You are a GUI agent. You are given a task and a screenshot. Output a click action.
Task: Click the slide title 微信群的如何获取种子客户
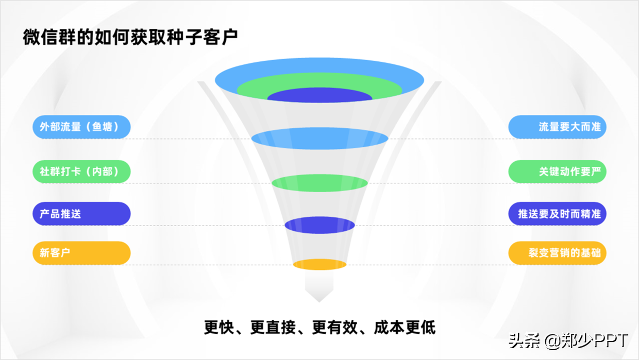tap(130, 38)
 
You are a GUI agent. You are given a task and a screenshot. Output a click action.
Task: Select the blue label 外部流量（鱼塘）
tap(81, 127)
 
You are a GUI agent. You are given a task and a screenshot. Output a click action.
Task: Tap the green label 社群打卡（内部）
tap(81, 171)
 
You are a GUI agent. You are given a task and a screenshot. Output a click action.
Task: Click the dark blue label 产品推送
tap(81, 213)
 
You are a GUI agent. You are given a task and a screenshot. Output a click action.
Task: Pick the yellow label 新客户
tap(81, 253)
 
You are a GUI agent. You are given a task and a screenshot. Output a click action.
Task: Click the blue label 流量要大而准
tap(557, 127)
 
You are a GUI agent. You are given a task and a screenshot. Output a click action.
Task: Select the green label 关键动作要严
tap(557, 171)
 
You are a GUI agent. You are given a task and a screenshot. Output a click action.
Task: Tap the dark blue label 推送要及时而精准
tap(557, 213)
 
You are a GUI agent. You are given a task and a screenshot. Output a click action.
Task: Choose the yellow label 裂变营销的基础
tap(557, 253)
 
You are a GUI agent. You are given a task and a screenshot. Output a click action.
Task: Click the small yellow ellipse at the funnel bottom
tap(320, 265)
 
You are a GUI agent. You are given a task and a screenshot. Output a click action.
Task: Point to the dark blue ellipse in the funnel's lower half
tap(320, 225)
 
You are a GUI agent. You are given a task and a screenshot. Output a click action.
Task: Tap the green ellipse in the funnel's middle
tap(320, 183)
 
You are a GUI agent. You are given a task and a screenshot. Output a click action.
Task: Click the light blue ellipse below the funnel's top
tap(320, 139)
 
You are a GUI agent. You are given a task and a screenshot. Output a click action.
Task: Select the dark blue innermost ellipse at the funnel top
tap(320, 96)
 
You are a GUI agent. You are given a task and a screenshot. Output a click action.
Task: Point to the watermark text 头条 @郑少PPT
tap(568, 340)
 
